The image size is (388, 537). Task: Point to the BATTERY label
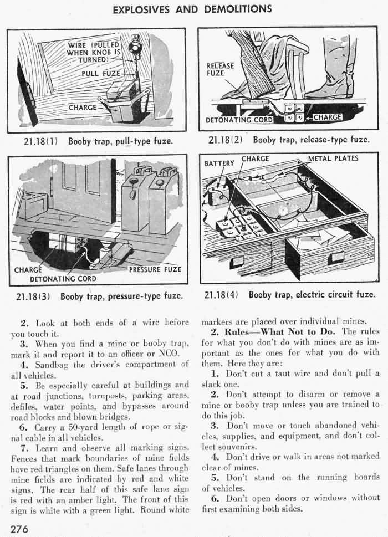tap(220, 163)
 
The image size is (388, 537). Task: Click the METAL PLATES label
tap(333, 158)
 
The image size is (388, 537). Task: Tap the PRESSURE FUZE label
tap(155, 270)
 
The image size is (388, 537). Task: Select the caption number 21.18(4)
tap(221, 294)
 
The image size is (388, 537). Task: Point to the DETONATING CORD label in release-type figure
tap(239, 120)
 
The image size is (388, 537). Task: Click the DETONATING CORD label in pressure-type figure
tap(63, 279)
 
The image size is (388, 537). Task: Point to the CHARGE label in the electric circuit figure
tap(255, 158)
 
